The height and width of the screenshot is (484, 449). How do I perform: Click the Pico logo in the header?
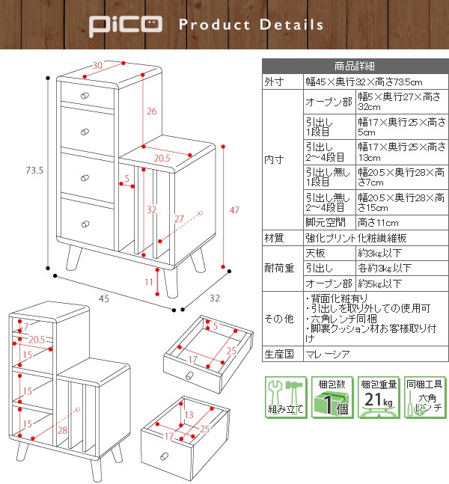tap(124, 25)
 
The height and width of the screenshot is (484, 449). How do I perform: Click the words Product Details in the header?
tap(251, 25)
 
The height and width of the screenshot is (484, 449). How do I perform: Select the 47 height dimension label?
tap(235, 210)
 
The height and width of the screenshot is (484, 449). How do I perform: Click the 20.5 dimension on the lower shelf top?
tap(162, 158)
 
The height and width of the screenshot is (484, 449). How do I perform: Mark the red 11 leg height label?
tap(149, 282)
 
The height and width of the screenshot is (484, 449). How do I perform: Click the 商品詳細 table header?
tap(354, 65)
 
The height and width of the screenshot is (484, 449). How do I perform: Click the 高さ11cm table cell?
tap(376, 223)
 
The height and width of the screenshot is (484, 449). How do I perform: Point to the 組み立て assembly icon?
tap(285, 396)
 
